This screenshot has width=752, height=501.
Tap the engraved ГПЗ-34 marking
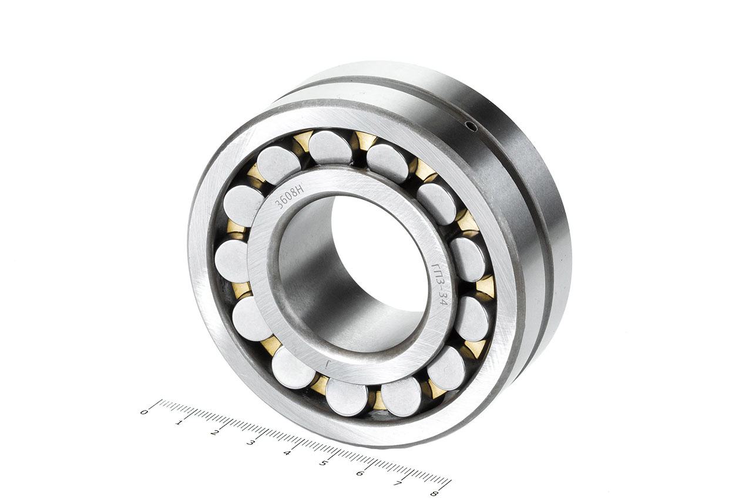coord(440,284)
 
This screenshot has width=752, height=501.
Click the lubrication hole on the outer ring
coord(472,126)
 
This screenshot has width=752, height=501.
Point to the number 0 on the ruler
coord(144,412)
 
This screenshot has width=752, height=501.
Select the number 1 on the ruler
coord(179,422)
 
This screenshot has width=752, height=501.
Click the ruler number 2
coord(214,432)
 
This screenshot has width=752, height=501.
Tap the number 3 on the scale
coord(250,443)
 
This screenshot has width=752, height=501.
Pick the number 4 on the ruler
coord(286,453)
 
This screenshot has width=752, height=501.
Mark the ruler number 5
coord(323,463)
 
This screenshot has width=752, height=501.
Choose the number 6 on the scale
coord(359,473)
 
